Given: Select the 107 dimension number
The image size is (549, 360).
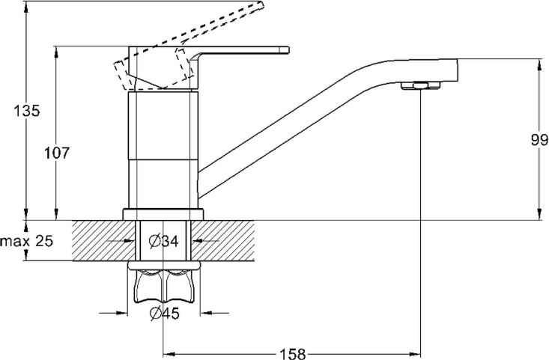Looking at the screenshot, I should pyautogui.click(x=57, y=153).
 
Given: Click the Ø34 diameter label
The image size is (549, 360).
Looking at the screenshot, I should pyautogui.click(x=163, y=241).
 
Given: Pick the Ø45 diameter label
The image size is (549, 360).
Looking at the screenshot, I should pyautogui.click(x=164, y=314).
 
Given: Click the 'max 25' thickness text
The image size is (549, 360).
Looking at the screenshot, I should pyautogui.click(x=27, y=241).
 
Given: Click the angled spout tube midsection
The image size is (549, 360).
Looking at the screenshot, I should pyautogui.click(x=300, y=120).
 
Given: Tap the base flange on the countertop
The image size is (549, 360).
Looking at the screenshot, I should pyautogui.click(x=163, y=213).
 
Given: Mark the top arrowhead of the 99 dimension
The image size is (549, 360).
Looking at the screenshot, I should pyautogui.click(x=539, y=61).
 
